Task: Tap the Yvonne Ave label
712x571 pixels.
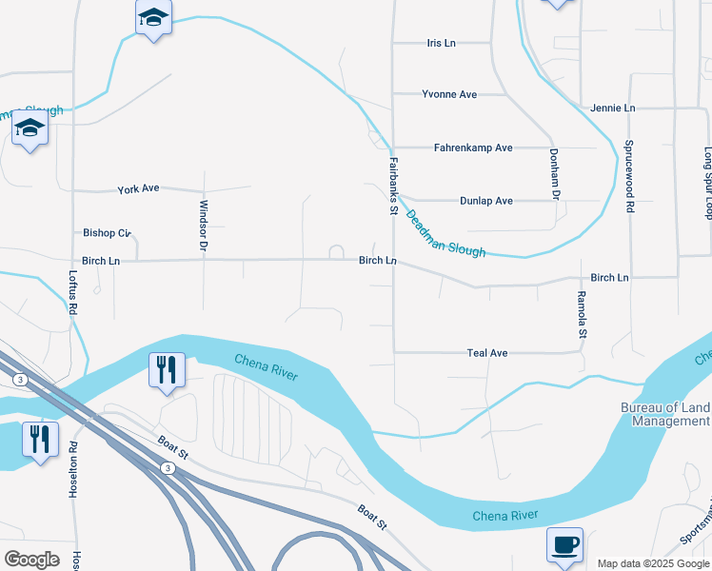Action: pyautogui.click(x=449, y=95)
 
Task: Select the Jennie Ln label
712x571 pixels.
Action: pyautogui.click(x=612, y=108)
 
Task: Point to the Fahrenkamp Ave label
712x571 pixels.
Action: pyautogui.click(x=473, y=148)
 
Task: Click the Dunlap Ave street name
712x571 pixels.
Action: pyautogui.click(x=486, y=201)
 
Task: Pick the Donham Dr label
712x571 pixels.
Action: pyautogui.click(x=553, y=174)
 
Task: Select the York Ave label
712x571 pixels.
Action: pyautogui.click(x=138, y=189)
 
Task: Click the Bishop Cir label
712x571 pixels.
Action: pyautogui.click(x=107, y=233)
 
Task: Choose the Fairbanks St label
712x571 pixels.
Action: pyautogui.click(x=391, y=187)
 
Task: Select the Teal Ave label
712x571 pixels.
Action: pyautogui.click(x=487, y=353)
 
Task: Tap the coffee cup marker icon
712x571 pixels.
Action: pyautogui.click(x=564, y=544)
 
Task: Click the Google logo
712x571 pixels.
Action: pyautogui.click(x=31, y=560)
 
